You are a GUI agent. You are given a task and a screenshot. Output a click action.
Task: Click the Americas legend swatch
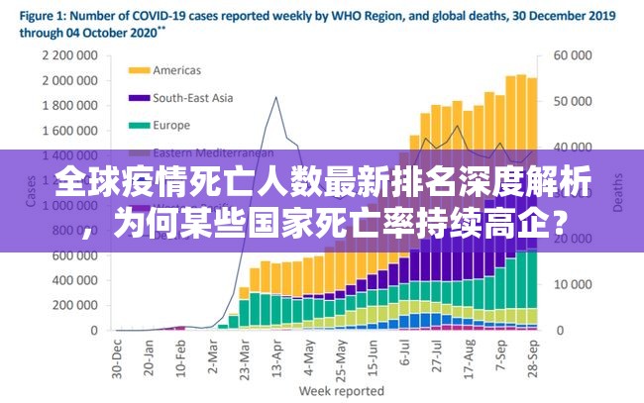point(141,70)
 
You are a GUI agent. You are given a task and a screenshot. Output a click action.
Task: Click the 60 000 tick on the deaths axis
point(573,55)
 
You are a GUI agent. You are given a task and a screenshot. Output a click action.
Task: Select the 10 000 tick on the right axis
point(573,284)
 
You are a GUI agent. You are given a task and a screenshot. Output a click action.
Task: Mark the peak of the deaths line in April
point(275,97)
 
